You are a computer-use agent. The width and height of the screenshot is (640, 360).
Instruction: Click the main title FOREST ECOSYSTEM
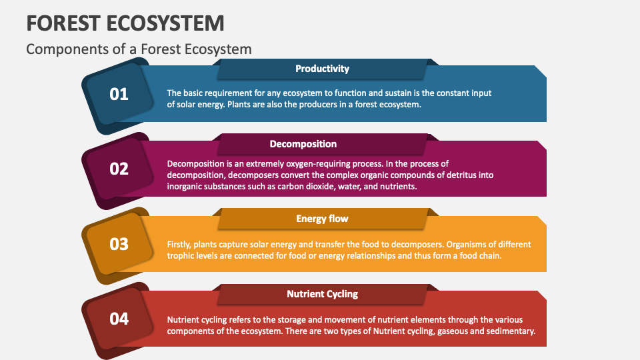click(x=125, y=23)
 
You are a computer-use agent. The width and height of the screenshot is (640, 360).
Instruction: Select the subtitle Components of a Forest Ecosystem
click(x=139, y=49)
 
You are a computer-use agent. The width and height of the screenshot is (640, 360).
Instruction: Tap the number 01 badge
click(x=119, y=94)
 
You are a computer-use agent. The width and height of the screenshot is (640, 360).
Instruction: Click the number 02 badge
click(x=119, y=169)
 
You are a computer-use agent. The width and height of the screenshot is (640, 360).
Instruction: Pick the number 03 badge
click(x=119, y=244)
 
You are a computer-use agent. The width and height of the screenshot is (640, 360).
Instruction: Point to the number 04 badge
click(x=119, y=319)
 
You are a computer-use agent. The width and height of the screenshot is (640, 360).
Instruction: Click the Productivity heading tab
click(x=322, y=69)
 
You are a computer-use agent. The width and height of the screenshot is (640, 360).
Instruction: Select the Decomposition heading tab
click(x=322, y=144)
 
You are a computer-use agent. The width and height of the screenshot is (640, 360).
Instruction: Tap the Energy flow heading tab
click(x=322, y=219)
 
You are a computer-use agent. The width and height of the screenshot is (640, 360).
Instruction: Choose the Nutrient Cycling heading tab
click(x=322, y=294)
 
